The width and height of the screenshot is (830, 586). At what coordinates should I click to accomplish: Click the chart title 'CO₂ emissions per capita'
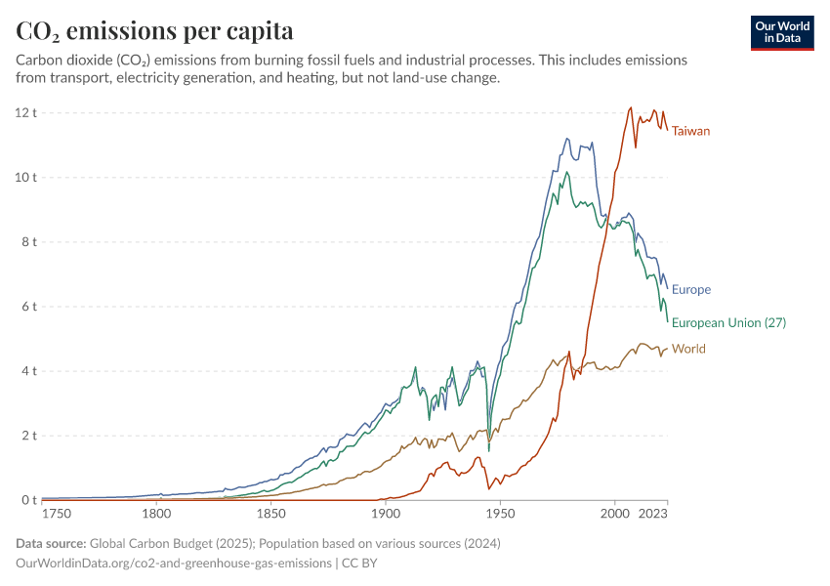coord(154,30)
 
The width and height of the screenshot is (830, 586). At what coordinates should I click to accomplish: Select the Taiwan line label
coord(690,131)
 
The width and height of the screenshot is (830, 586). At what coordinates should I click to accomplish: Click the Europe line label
coord(691,289)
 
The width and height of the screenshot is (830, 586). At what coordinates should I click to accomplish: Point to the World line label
coord(688,349)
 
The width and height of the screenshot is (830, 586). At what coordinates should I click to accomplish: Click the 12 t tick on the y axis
coord(26,112)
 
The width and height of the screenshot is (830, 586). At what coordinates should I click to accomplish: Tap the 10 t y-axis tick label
coord(26,178)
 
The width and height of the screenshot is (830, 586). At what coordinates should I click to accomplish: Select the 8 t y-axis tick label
coord(29,242)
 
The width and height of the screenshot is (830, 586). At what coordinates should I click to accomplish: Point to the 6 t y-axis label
coord(29,307)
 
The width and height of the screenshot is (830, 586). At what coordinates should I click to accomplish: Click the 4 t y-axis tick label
coord(29,371)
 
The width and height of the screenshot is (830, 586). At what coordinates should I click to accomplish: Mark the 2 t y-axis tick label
coord(29,436)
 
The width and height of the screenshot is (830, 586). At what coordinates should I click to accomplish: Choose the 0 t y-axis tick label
coord(29,500)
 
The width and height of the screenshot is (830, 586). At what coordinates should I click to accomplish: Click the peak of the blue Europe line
coord(567,139)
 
